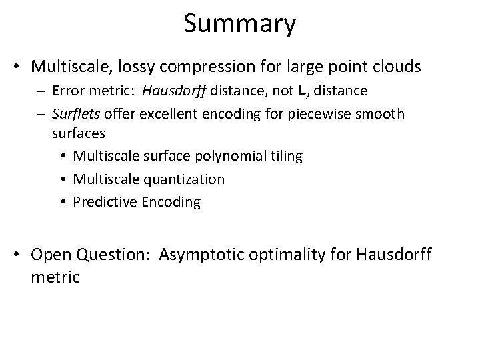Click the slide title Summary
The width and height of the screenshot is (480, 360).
239,24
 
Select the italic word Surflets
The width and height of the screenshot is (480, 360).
76,114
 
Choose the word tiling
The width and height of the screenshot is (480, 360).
285,156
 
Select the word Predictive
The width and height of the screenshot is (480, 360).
104,201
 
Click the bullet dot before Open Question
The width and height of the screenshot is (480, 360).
19,255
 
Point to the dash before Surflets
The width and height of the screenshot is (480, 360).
42,115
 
